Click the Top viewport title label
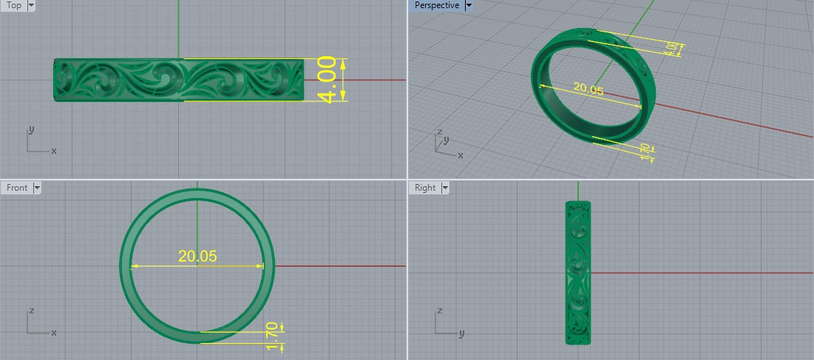coord(14,5)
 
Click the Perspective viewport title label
coord(436,5)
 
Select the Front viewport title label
coord(17,188)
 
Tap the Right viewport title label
coord(425,188)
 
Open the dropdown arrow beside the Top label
coord(31,5)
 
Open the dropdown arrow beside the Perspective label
coord(469,5)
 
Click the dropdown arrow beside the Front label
coord(37,188)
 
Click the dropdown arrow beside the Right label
coord(445,188)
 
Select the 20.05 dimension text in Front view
coord(197,257)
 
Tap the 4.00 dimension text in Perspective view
coord(671,49)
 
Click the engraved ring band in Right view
coord(577,272)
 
